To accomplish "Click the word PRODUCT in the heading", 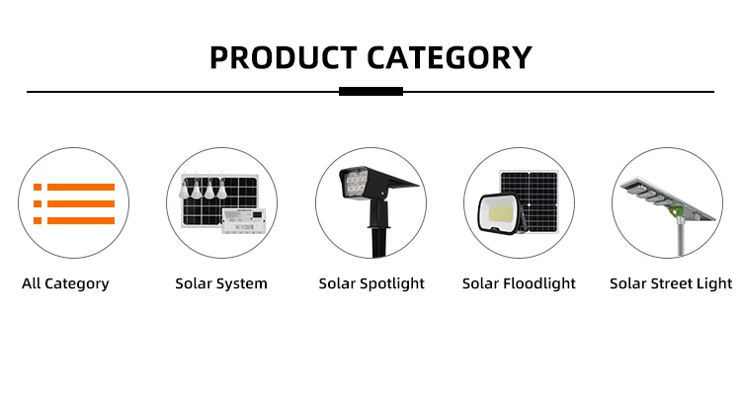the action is click(284, 57).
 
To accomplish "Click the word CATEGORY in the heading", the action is click(450, 57).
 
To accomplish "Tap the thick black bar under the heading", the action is click(370, 91).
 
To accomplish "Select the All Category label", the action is click(65, 283).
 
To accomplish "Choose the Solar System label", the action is click(221, 283).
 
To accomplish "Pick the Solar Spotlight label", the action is click(371, 283).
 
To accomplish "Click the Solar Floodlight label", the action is click(519, 283).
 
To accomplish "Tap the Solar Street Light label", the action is click(671, 283).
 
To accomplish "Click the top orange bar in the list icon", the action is click(81, 187).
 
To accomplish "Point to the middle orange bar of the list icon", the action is click(81, 203).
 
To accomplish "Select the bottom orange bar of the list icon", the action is click(81, 220).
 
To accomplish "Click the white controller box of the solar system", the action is click(244, 220).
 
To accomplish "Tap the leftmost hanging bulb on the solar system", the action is click(184, 190).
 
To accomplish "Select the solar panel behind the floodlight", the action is click(530, 201).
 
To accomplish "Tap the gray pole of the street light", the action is click(681, 238).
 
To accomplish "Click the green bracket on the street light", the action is click(679, 209).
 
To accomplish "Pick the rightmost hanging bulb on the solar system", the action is click(221, 189).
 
